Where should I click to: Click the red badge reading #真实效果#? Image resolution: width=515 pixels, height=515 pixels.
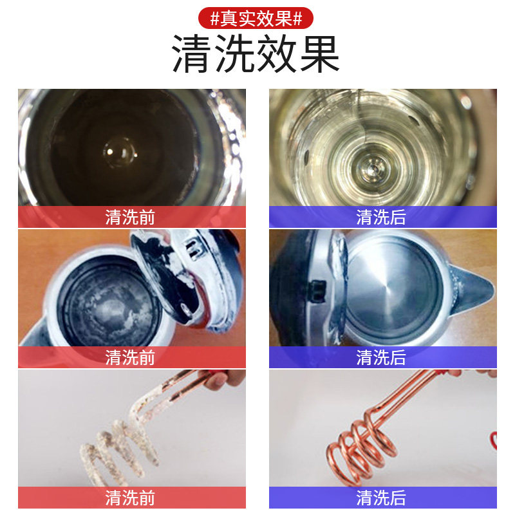[256, 18]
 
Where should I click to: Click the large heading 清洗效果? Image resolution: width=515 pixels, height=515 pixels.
[256, 53]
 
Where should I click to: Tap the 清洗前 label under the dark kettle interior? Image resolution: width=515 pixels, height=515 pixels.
[130, 217]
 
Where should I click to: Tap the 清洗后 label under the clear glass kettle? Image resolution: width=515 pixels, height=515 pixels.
[381, 217]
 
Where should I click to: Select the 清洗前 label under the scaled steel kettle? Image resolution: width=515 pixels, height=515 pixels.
[130, 357]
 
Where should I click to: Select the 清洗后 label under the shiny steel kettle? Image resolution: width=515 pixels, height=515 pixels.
[381, 357]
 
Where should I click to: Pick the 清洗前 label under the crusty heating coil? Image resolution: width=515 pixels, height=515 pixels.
[130, 498]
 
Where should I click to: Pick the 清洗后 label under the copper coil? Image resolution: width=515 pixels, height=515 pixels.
[381, 498]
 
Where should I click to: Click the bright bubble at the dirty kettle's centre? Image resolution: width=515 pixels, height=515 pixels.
[120, 152]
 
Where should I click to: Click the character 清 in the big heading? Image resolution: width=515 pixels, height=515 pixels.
[191, 53]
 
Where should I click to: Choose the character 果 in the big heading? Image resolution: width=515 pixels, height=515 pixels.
[320, 53]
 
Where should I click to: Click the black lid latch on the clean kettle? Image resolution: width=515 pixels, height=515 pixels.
[318, 291]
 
